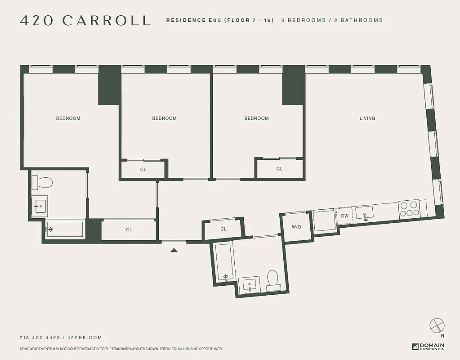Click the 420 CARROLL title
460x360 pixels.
coord(85,20)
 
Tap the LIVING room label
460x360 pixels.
coord(367,118)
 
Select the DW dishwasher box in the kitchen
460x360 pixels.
coord(344,216)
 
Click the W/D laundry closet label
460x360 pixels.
coord(296,227)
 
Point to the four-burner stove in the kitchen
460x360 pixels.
coord(408,209)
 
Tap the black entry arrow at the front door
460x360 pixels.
coord(174,250)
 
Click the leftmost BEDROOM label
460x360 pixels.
coord(68,118)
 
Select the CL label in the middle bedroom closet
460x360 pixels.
coord(143,170)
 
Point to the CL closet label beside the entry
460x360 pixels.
coord(223,229)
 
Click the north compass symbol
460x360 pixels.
coord(437,325)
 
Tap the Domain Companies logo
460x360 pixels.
coord(428,346)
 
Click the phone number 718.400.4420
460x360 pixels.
coord(40,337)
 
